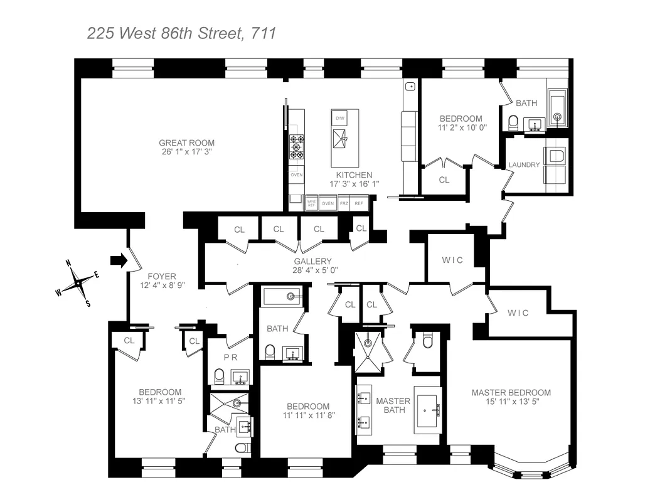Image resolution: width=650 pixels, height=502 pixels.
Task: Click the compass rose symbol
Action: pos(78,284)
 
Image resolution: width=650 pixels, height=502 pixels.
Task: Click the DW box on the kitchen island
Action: pos(339,118)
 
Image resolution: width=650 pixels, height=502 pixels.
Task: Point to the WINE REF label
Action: pos(312,203)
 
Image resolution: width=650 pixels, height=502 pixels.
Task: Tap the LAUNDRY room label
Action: pos(524,164)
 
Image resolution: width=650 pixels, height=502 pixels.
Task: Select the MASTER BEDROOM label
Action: pos(511,393)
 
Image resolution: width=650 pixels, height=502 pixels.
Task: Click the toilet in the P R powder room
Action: pos(220,376)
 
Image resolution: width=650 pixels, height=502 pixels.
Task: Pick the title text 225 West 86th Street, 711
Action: pos(181,33)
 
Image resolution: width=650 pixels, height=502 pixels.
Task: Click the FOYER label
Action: pos(162,276)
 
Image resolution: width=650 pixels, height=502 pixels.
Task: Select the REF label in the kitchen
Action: pos(359,203)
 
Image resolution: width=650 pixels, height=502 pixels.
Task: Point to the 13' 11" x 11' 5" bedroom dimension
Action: pos(160,400)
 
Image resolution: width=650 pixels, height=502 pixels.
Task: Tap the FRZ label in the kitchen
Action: pos(344,203)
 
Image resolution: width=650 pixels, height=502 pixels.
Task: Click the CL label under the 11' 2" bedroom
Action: pos(444,179)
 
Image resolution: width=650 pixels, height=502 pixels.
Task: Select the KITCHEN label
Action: pos(354,175)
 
